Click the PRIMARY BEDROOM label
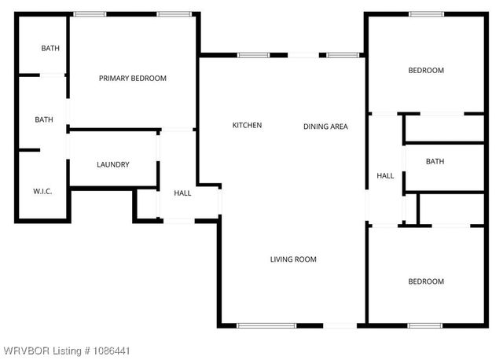coord(133,78)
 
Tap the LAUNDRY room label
coord(113,164)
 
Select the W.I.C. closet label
coord(42,191)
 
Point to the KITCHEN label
coord(247,126)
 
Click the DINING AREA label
coord(325,126)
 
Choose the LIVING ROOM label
coord(293,259)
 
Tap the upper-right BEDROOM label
coord(426,71)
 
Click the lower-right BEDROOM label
coord(426,281)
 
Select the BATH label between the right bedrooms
coord(435,162)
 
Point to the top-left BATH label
coord(50,49)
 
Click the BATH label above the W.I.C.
coord(44,119)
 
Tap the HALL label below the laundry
coord(182,193)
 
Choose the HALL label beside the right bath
coord(385,176)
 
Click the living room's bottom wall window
coord(266,325)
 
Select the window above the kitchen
coord(253,55)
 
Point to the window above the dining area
coord(343,55)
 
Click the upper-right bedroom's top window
coord(425,13)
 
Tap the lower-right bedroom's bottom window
coord(424,325)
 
